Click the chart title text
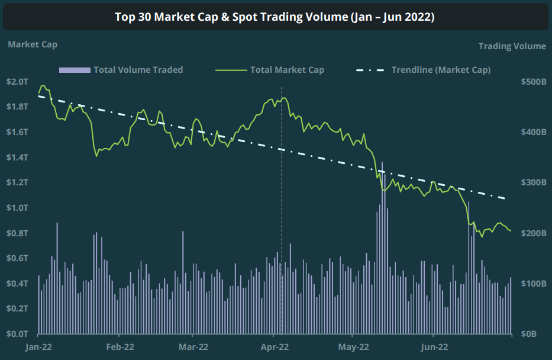click(x=275, y=17)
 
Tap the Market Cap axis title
click(x=33, y=44)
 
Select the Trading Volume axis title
click(x=512, y=46)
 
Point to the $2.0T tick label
click(x=17, y=81)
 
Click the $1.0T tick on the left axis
click(x=17, y=208)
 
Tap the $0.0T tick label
click(x=17, y=334)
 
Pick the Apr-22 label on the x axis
click(x=275, y=347)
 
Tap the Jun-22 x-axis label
click(x=435, y=347)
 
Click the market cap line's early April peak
click(x=284, y=98)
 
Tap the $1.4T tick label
click(x=17, y=157)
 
